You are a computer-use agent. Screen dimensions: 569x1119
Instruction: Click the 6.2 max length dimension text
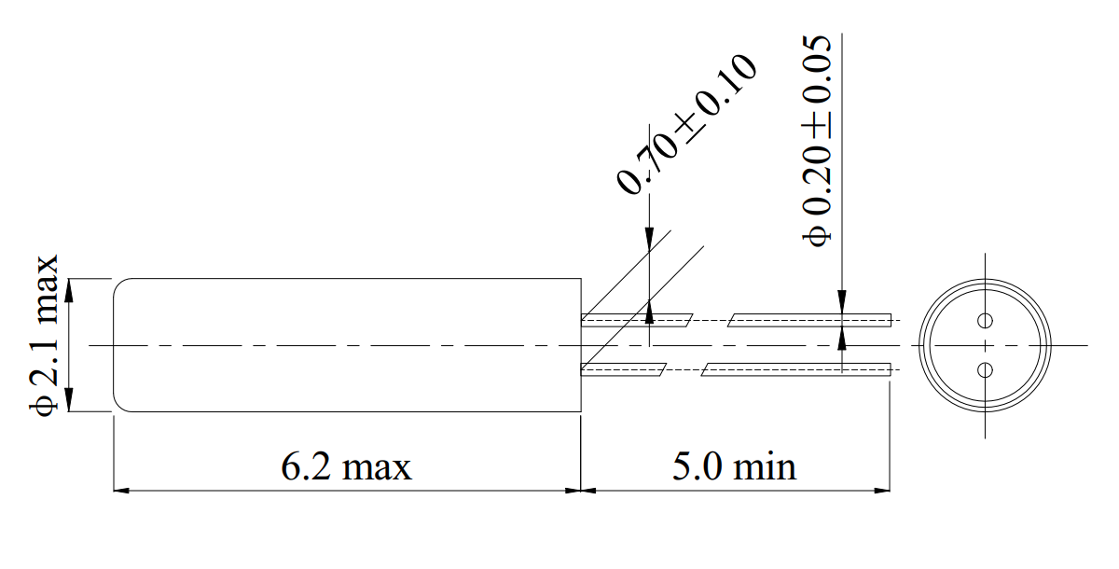coord(346,465)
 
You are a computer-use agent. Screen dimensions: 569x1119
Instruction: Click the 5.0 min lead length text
coord(735,465)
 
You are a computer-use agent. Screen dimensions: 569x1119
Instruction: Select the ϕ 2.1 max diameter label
coord(45,333)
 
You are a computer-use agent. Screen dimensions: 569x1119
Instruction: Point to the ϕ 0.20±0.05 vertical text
coord(817,140)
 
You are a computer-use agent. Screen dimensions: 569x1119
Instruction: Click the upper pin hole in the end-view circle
coord(985,322)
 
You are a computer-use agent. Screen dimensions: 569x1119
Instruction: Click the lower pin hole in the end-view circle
coord(985,370)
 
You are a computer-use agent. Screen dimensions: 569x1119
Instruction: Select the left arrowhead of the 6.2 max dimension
coord(121,490)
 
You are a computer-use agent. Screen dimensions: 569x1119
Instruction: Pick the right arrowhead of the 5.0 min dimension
coord(881,490)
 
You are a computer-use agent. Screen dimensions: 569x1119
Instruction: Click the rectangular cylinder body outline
coord(346,279)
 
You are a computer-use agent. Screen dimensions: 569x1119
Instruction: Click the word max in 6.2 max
coord(377,465)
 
